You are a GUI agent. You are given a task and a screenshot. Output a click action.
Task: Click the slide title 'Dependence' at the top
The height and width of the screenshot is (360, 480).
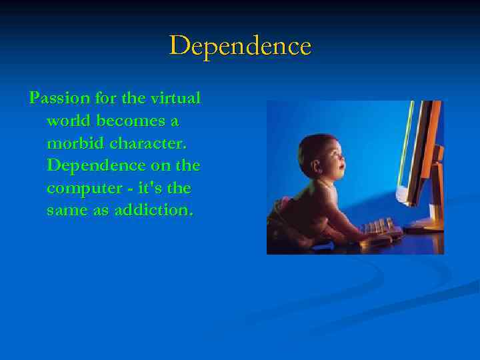click(240, 46)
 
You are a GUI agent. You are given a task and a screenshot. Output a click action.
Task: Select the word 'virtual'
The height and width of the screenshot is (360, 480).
click(175, 99)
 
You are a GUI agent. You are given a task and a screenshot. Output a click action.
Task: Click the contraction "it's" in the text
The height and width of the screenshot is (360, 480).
click(147, 189)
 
